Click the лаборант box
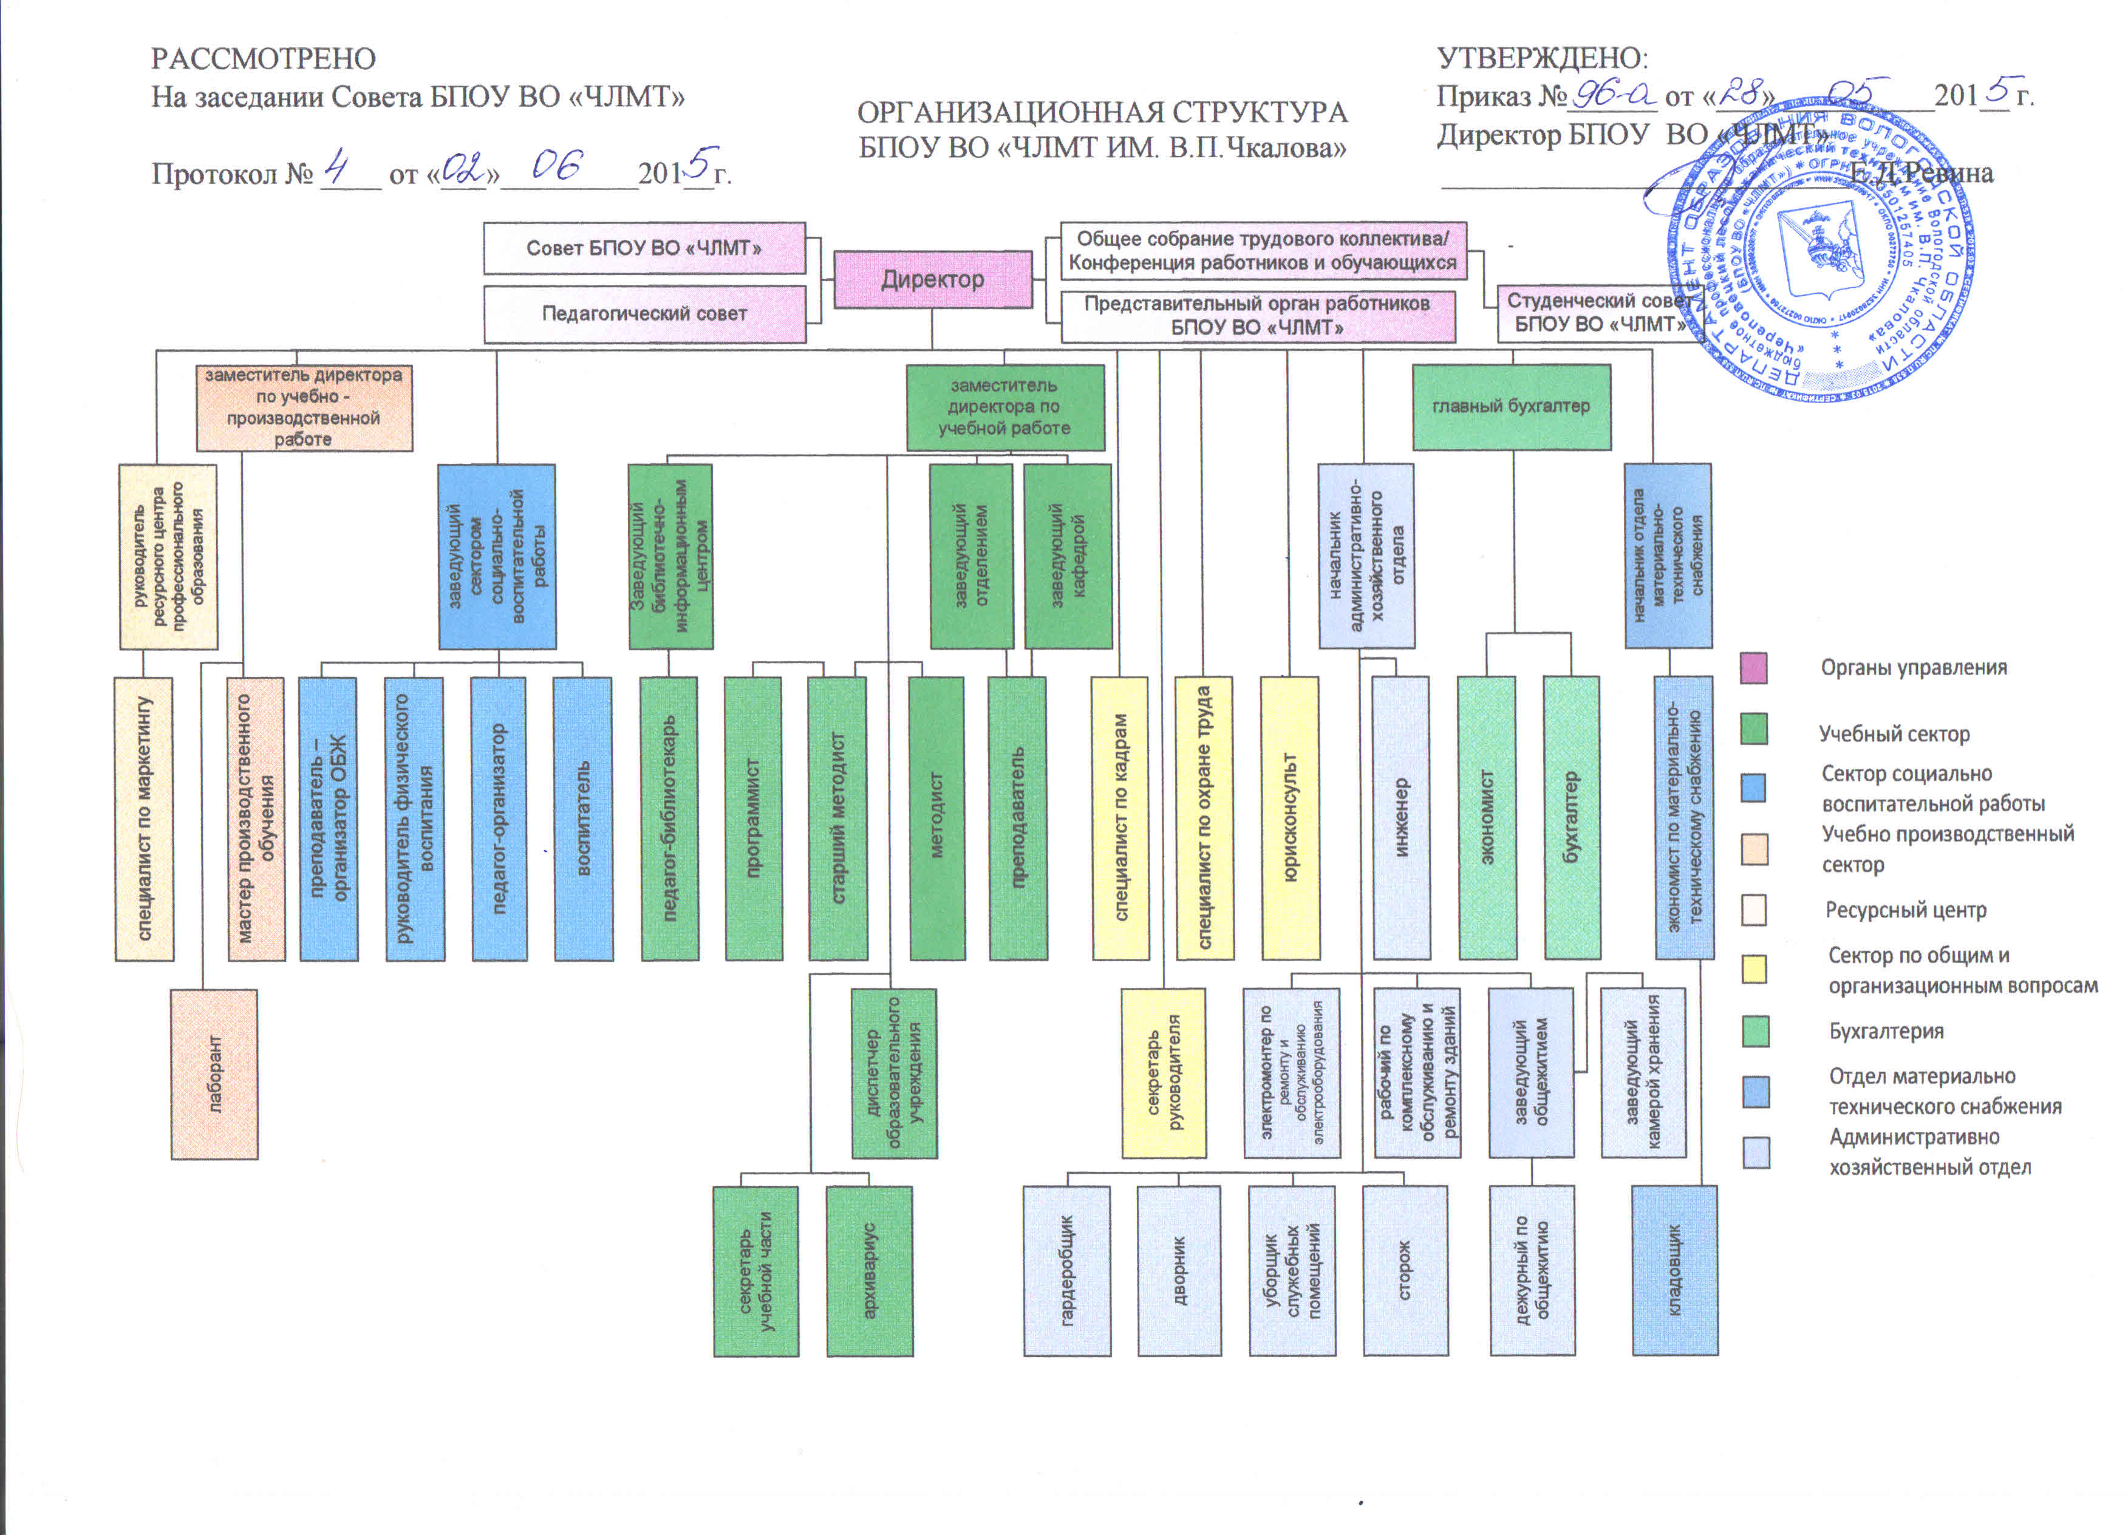(214, 1074)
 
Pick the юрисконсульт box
(1289, 817)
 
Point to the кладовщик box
(1675, 1270)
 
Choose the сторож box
(1405, 1270)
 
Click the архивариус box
(869, 1270)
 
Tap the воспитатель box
(582, 817)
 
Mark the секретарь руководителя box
(1164, 1072)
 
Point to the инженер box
(1401, 817)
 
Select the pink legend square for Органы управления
(1754, 668)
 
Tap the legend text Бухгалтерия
(1886, 1031)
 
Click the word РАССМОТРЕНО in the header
(264, 59)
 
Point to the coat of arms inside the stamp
(1818, 246)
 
